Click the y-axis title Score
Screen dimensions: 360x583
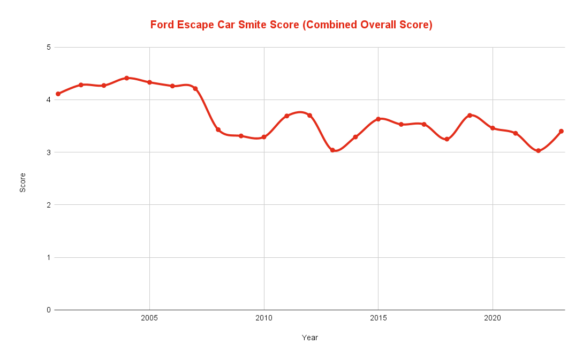pyautogui.click(x=23, y=179)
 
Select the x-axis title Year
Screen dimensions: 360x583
pyautogui.click(x=310, y=337)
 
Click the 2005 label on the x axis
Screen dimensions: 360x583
pyautogui.click(x=149, y=319)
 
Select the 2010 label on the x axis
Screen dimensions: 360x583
pyautogui.click(x=264, y=319)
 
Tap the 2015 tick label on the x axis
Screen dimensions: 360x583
pyautogui.click(x=378, y=319)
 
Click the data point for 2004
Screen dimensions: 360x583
pyautogui.click(x=127, y=78)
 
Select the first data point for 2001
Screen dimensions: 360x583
pyautogui.click(x=58, y=94)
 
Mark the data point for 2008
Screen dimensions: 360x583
pyautogui.click(x=218, y=130)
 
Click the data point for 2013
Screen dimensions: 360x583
pyautogui.click(x=333, y=150)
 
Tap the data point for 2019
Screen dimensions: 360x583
pyautogui.click(x=470, y=115)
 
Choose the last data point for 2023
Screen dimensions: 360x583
pyautogui.click(x=562, y=131)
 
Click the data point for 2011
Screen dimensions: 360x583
pyautogui.click(x=287, y=116)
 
